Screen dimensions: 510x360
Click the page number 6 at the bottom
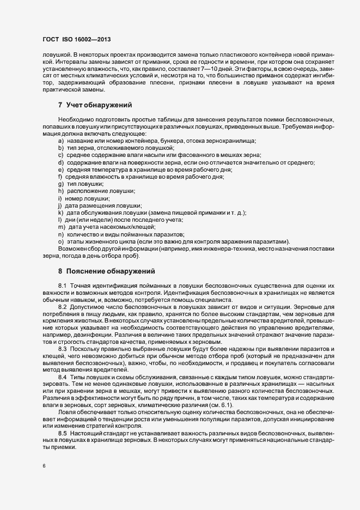[44, 465]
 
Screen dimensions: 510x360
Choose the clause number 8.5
[62, 416]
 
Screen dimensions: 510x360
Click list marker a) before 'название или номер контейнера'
[60, 141]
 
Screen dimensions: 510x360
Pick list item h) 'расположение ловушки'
[90, 191]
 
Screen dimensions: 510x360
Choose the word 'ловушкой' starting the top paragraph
[56, 55]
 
